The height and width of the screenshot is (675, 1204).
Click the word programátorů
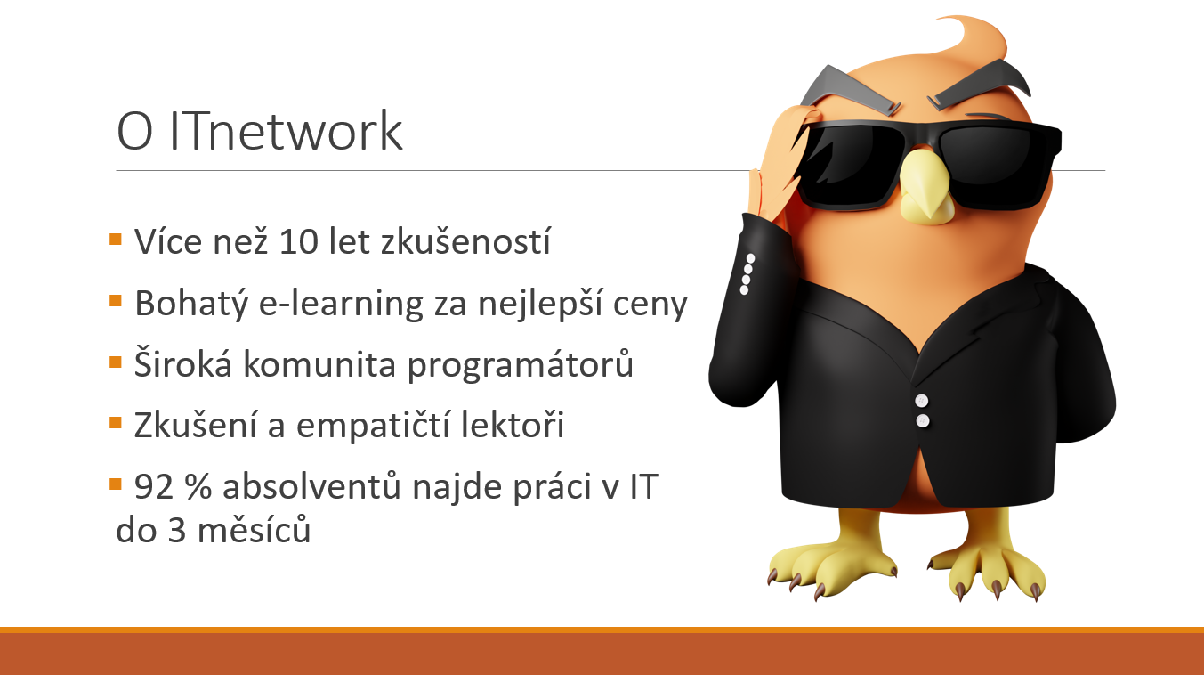point(521,366)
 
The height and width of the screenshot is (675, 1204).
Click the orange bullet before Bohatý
point(116,300)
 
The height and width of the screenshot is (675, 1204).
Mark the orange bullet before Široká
point(116,362)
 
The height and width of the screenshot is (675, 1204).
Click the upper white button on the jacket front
point(923,400)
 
